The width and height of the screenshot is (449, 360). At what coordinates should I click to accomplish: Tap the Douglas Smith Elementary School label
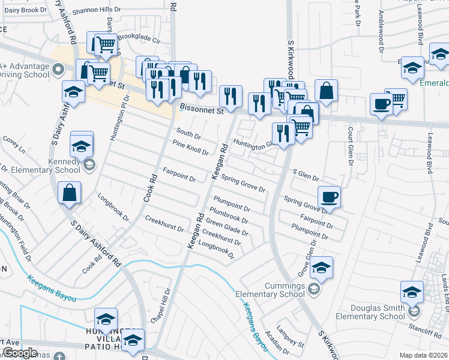coord(370,312)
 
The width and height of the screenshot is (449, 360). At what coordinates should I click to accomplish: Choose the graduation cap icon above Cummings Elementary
coord(322,267)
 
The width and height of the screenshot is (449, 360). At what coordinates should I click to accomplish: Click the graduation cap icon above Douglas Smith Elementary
coord(412,292)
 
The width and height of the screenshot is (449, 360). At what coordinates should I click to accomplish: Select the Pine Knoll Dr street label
coord(190,148)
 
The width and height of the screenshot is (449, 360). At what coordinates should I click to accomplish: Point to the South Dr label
coord(188,133)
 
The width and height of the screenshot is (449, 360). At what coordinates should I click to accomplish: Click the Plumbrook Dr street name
coord(229,218)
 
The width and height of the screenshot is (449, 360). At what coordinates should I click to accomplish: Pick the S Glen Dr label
coord(305,175)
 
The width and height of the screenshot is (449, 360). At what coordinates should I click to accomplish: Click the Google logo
coord(20,353)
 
